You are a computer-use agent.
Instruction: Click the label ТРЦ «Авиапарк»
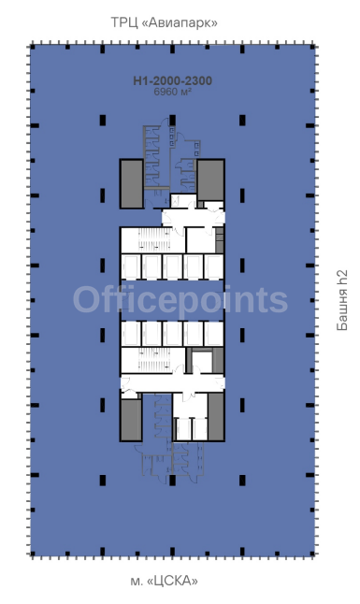pos(165,22)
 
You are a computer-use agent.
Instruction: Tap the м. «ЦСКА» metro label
pos(165,581)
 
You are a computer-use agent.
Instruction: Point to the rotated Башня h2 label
pos(342,300)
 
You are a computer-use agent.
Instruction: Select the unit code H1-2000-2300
pos(173,80)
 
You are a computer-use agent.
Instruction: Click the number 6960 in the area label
pos(166,92)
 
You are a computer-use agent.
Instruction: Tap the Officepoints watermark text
pos(180,301)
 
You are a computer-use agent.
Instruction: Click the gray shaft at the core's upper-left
pos(132,184)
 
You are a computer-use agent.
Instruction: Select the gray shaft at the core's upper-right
pos(210,180)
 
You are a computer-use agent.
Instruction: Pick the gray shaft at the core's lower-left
pos(131,420)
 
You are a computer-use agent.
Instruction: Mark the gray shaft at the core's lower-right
pos(216,416)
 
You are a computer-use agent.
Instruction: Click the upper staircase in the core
pos(154,239)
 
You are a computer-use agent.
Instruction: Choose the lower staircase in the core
pos(154,360)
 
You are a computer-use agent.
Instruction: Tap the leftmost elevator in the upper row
pos(131,266)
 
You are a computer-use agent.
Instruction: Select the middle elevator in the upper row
pos(172,266)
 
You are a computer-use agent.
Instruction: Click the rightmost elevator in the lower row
pos(213,334)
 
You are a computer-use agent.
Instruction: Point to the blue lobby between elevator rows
pos(172,300)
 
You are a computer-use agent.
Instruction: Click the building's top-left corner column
pos(33,47)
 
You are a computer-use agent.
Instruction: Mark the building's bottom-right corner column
pos(312,554)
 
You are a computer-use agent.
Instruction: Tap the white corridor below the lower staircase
pos(172,382)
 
